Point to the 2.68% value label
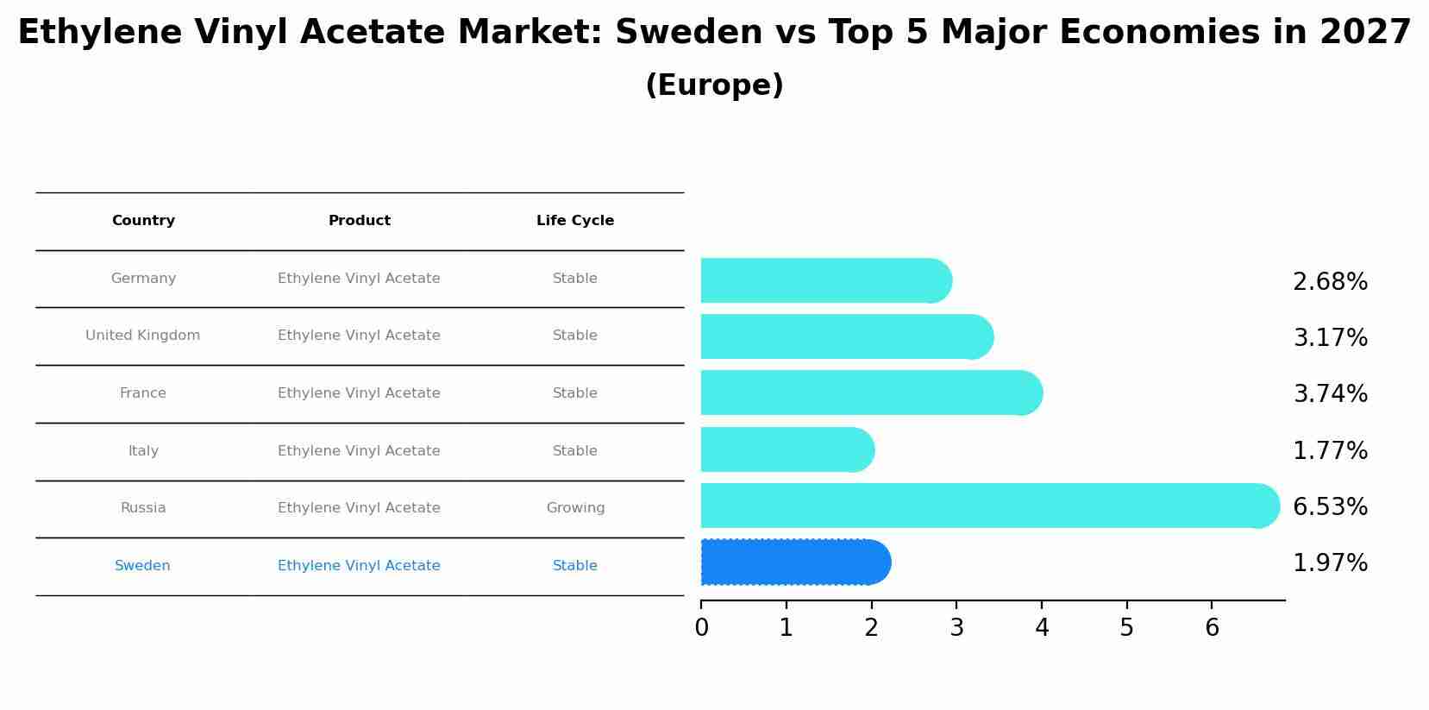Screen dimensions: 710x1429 click(1330, 282)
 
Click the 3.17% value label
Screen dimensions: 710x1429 click(1330, 338)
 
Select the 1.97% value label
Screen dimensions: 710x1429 click(1330, 563)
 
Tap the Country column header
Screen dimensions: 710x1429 click(143, 221)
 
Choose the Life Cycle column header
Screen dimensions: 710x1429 click(575, 221)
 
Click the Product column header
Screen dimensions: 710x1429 click(359, 221)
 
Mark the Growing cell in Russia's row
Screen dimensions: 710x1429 click(575, 508)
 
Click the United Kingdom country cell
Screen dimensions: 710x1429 click(142, 336)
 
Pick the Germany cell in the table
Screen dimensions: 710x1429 click(143, 279)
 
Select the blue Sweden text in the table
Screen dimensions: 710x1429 click(142, 566)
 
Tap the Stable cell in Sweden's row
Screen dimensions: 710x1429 click(575, 566)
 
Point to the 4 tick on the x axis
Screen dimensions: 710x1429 click(1042, 628)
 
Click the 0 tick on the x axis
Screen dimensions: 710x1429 click(701, 628)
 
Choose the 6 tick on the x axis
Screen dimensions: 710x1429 click(1212, 628)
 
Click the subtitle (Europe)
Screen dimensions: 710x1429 click(714, 85)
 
